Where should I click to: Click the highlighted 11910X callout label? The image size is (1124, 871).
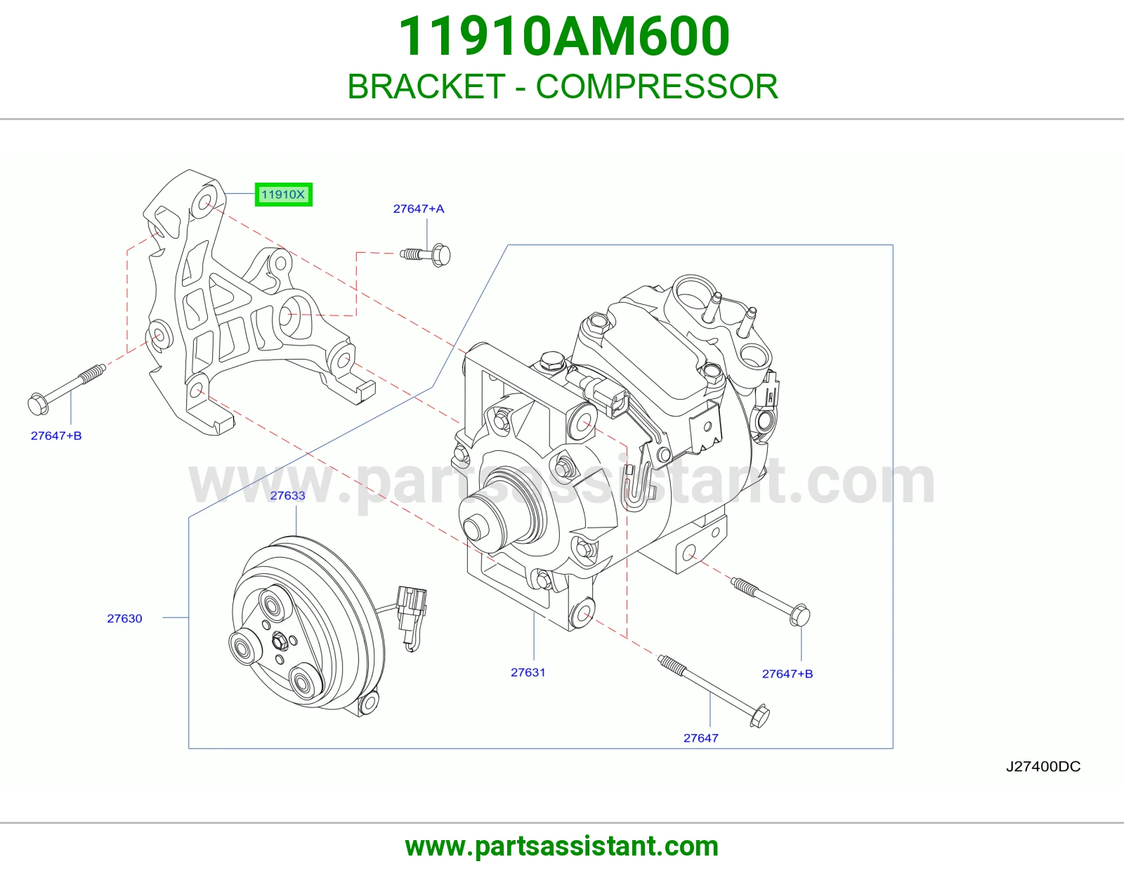point(283,195)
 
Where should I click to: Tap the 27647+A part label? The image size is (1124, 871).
point(419,209)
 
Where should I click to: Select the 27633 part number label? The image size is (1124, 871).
point(287,495)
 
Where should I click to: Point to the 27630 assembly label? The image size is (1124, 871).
point(124,618)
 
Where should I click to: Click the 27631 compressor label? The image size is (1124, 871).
point(528,672)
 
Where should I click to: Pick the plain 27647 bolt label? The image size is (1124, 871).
point(701,738)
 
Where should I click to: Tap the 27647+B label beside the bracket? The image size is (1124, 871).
point(56,435)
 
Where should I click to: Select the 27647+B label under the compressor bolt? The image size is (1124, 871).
point(788,674)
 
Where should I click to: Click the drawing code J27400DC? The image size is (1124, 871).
point(1043,766)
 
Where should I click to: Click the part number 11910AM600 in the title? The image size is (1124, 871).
point(564,37)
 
